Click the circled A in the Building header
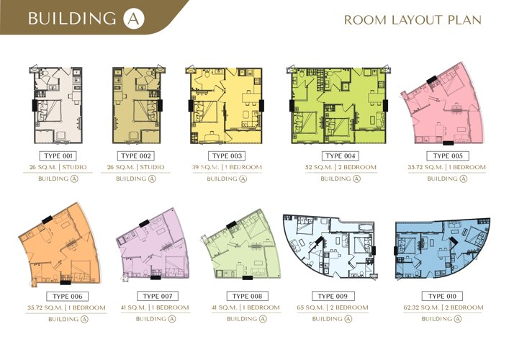(134, 19)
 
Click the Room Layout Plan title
(413, 20)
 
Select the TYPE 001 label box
(58, 156)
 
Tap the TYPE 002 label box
(136, 156)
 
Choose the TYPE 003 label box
(227, 156)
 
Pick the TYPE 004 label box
(341, 156)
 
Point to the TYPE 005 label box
(448, 156)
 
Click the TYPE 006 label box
(68, 297)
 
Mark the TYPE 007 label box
(158, 296)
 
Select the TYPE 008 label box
(248, 296)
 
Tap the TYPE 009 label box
(333, 296)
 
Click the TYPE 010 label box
(442, 296)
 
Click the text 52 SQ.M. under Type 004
(318, 168)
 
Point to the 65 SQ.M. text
(310, 307)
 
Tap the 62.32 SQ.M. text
(421, 307)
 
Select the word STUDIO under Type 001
(74, 168)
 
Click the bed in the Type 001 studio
(49, 111)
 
